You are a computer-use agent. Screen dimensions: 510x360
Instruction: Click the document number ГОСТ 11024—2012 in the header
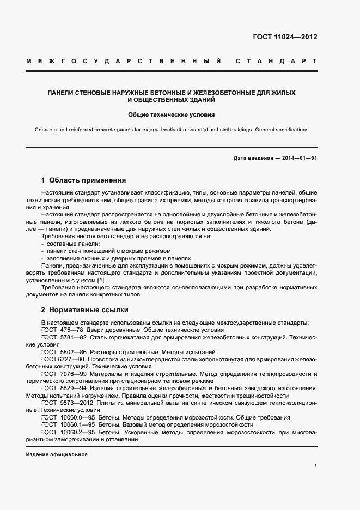click(285, 37)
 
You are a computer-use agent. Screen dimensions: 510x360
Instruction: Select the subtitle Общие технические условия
click(172, 115)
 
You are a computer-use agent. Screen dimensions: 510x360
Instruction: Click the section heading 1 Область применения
click(83, 180)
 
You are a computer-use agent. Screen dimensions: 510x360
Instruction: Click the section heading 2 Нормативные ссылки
click(84, 310)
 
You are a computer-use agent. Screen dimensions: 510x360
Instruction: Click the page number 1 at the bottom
click(315, 465)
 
